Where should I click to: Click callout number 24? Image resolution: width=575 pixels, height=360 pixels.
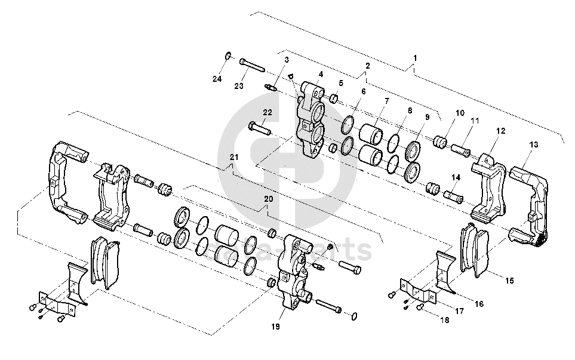(x=217, y=79)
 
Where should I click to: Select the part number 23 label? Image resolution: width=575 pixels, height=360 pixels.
(x=239, y=87)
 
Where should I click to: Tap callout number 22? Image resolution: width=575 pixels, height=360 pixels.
(x=267, y=112)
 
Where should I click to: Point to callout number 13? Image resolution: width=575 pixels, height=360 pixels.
(x=533, y=145)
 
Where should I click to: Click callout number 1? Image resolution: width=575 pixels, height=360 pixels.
(x=415, y=59)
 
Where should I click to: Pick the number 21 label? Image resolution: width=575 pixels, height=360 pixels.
(x=234, y=157)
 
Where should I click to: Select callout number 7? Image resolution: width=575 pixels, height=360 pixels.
(x=387, y=101)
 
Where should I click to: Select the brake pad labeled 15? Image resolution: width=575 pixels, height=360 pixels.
(x=475, y=250)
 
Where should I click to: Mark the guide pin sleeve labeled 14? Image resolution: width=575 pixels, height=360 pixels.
(x=452, y=195)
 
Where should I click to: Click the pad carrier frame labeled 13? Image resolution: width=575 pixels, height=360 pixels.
(x=533, y=200)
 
